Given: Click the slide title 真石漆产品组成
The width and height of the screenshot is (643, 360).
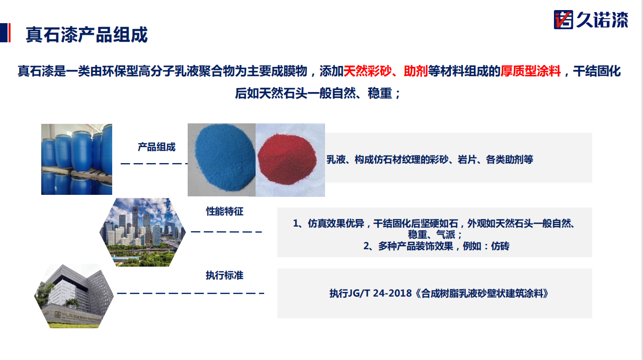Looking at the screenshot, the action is click(x=87, y=35).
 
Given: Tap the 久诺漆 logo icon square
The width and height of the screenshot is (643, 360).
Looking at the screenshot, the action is click(x=563, y=20).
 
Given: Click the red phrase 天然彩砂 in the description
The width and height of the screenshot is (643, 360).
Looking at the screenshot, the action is click(x=367, y=71).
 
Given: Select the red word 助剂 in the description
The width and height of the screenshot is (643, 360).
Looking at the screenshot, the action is click(x=416, y=71).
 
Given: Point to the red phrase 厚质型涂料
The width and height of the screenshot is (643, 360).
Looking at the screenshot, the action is click(x=530, y=71).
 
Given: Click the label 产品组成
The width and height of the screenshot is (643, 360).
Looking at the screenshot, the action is click(x=156, y=147).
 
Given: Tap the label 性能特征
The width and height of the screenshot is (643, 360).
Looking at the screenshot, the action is click(x=224, y=211).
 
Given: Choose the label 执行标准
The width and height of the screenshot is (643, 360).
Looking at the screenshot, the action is click(x=224, y=275).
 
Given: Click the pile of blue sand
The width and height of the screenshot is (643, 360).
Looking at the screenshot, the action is click(x=224, y=158).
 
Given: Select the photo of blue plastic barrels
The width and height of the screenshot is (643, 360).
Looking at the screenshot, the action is click(x=76, y=159).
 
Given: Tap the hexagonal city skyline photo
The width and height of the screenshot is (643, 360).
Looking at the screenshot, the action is click(x=142, y=232).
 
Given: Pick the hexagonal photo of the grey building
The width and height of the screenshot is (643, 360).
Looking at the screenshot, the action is click(x=74, y=296).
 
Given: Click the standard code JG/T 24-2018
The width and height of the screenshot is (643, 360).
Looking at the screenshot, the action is click(x=380, y=294).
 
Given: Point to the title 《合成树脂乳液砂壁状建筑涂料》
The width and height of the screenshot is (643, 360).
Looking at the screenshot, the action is click(x=482, y=294).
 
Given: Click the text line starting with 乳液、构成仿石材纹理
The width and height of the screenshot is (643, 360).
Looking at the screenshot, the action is click(x=430, y=160).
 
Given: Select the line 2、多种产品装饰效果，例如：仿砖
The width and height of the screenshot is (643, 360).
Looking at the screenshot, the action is click(x=436, y=246).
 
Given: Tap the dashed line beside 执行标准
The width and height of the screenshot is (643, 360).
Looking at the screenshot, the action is click(x=191, y=294).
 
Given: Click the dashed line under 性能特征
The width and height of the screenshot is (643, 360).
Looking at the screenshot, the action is click(x=226, y=232).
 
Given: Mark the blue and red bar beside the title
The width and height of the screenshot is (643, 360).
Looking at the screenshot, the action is click(x=5, y=33).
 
